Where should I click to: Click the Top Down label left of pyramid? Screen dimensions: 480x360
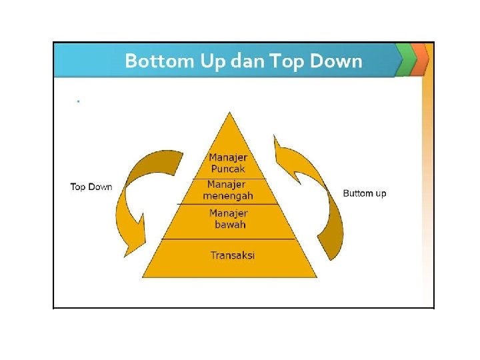point(91,187)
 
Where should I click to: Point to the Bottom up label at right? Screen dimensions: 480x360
point(364,193)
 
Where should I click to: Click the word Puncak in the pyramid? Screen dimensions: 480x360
point(228,169)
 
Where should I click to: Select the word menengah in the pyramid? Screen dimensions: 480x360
point(228,196)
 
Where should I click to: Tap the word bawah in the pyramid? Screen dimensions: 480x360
point(230,225)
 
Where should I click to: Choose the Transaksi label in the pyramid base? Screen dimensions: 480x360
point(233,255)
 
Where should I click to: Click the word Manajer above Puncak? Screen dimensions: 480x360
point(228,157)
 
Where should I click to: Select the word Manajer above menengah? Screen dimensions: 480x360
point(227,185)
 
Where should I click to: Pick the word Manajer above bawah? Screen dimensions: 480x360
point(229,213)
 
